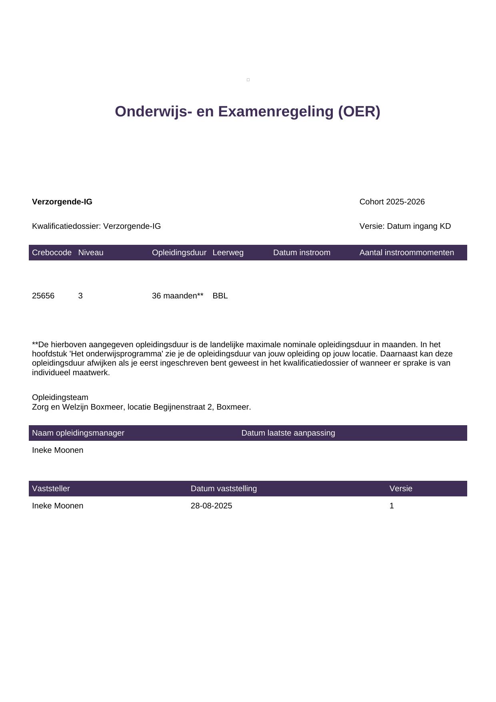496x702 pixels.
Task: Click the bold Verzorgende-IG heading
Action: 62,202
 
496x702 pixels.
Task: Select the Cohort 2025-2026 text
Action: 392,202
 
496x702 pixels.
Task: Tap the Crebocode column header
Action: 52,252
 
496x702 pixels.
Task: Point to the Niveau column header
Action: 91,252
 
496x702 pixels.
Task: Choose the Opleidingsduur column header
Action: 179,252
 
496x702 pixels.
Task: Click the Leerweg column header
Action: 228,252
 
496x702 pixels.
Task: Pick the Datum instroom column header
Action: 302,252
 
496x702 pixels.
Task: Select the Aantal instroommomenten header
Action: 406,252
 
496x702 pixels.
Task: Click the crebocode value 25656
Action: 43,296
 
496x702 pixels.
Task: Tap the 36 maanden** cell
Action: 178,296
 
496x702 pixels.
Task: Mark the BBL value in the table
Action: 220,296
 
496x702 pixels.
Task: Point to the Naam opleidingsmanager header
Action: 78,433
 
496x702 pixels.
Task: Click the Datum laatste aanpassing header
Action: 288,433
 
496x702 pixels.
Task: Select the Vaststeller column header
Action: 51,488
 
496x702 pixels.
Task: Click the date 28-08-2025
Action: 211,506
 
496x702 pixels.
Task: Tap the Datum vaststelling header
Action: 224,488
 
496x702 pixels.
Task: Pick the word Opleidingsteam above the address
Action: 60,397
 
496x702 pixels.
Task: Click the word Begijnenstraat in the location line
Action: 178,407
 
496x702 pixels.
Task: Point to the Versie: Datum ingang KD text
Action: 405,226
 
